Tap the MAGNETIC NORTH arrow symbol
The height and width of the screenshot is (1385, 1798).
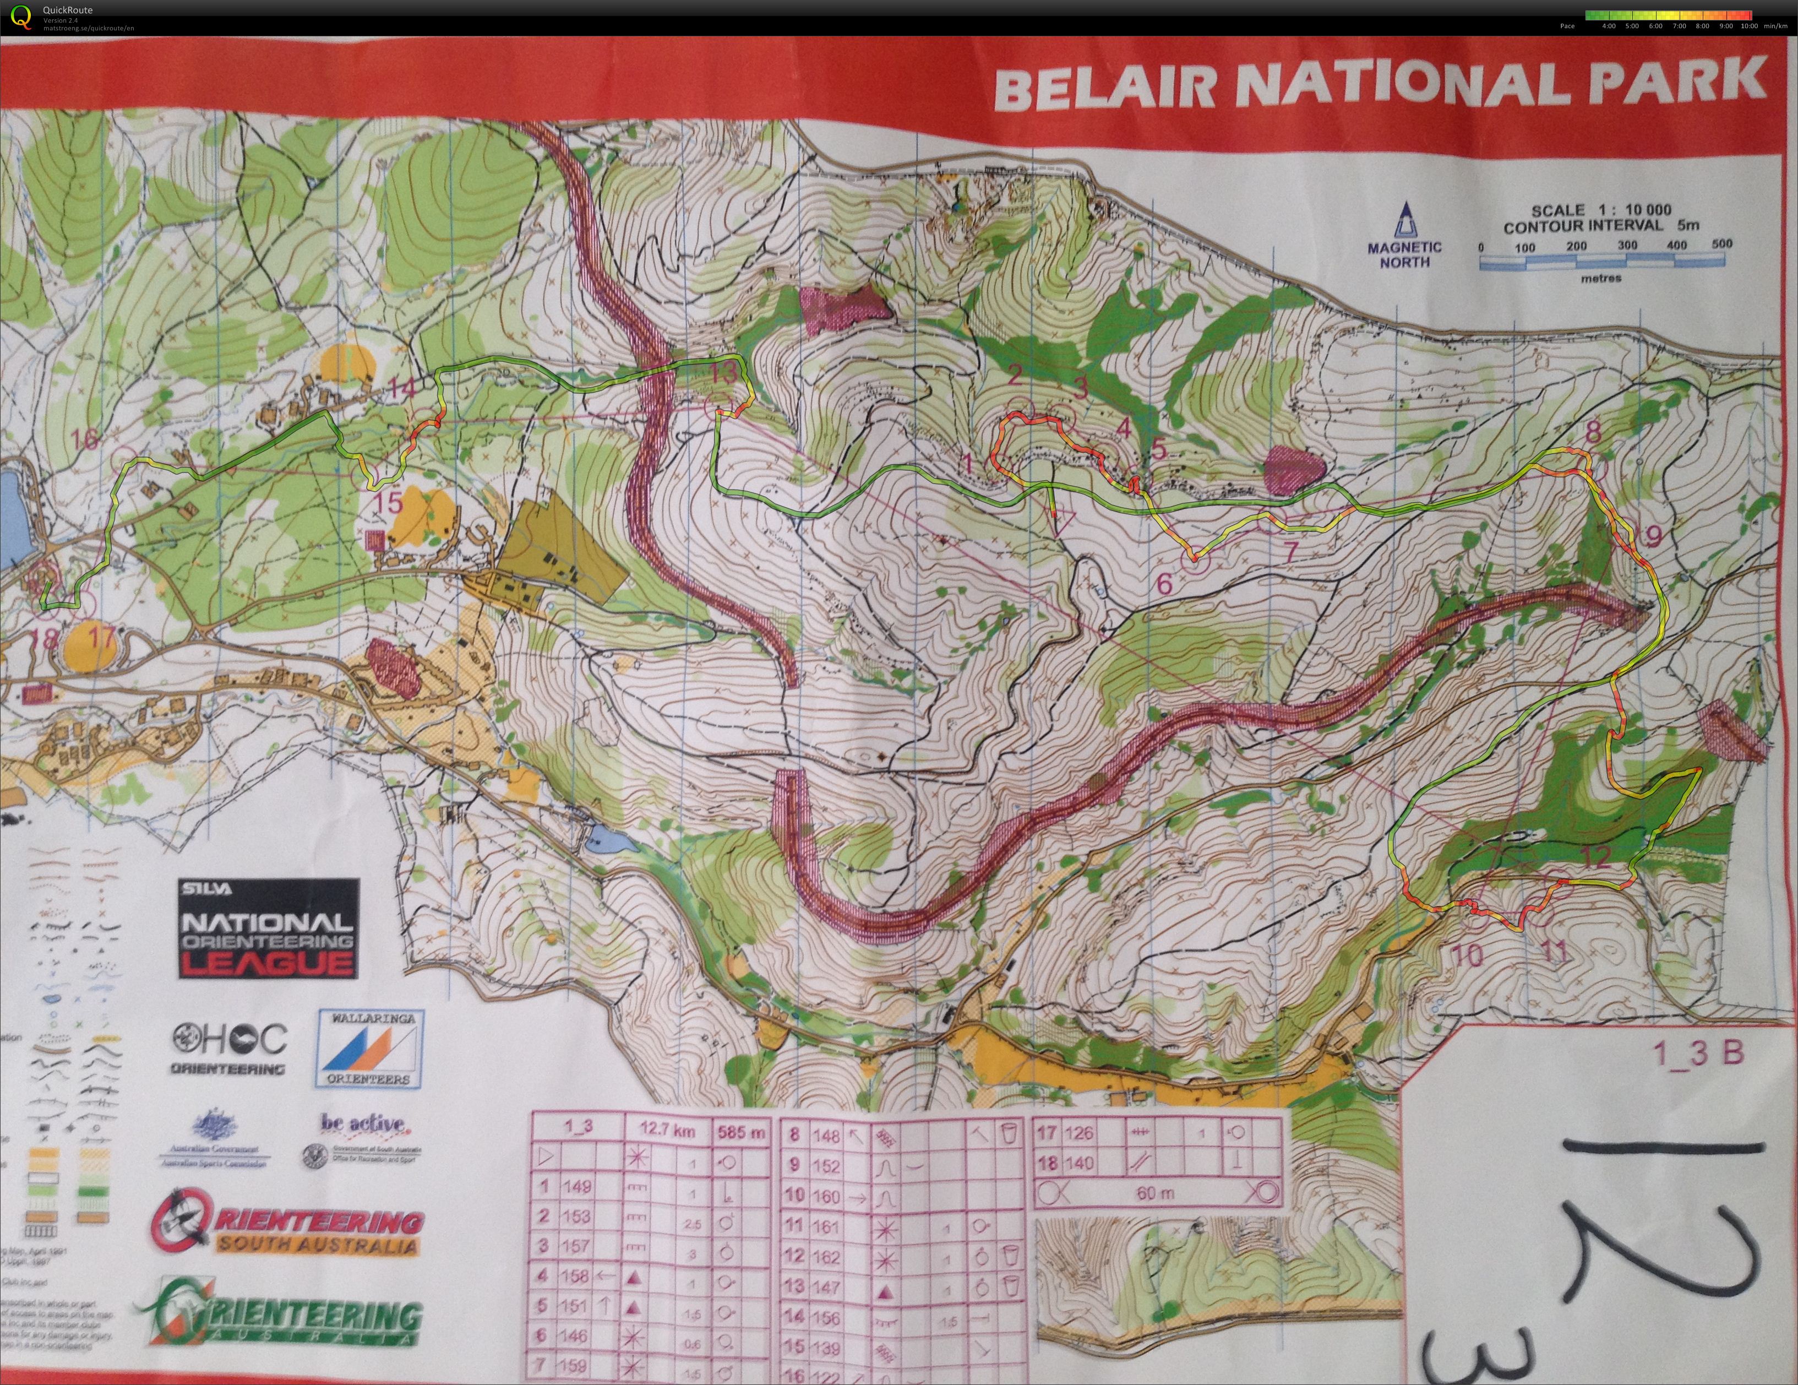1404,221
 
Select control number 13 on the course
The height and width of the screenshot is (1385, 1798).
724,373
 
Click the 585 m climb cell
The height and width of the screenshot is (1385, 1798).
741,1132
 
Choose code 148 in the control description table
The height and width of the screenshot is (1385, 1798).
826,1136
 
